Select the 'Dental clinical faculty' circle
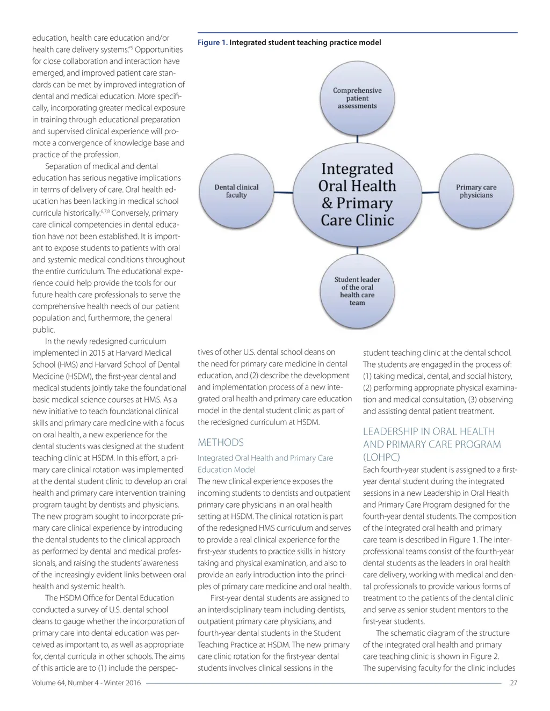236,192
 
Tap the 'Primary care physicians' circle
476,192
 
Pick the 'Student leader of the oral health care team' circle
357,291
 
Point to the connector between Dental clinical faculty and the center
284,192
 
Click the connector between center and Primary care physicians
429,192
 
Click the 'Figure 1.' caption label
213,42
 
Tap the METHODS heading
220,443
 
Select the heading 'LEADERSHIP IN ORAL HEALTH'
429,431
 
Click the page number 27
513,683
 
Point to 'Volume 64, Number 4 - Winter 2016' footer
86,683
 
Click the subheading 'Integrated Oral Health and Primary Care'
265,458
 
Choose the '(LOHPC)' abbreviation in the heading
381,457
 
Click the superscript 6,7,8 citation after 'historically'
105,212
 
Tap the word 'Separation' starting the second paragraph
64,166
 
